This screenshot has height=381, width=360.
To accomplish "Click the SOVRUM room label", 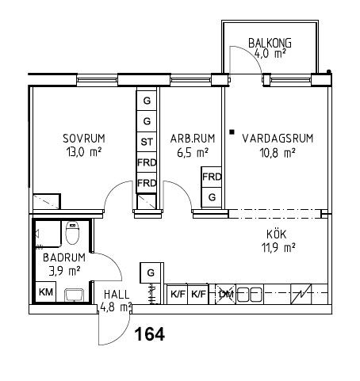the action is pyautogui.click(x=84, y=139).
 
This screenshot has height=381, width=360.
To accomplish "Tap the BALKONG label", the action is pyautogui.click(x=270, y=43).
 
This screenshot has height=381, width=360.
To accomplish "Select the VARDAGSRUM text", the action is pyautogui.click(x=278, y=139).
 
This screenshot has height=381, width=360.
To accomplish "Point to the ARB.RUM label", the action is pyautogui.click(x=193, y=139).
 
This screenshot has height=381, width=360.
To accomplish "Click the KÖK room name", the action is pyautogui.click(x=277, y=234).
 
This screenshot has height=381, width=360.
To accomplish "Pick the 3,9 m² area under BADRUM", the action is pyautogui.click(x=64, y=271).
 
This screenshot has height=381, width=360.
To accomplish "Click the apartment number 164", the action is pyautogui.click(x=150, y=334).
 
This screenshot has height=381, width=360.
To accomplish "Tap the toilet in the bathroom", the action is pyautogui.click(x=72, y=232).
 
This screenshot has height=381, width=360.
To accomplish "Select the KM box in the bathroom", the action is pyautogui.click(x=46, y=292).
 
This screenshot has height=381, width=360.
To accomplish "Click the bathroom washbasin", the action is pyautogui.click(x=75, y=295).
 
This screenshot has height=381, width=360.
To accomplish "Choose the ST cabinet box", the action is pyautogui.click(x=147, y=142).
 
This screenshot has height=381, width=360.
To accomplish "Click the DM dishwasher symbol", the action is pyautogui.click(x=225, y=294).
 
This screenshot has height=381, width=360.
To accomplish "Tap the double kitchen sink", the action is pyautogui.click(x=249, y=295).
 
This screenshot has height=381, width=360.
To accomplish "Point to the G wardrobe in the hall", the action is pyautogui.click(x=151, y=272).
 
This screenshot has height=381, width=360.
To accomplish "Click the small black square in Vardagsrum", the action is pyautogui.click(x=232, y=132).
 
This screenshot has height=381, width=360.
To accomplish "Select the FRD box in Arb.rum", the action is pyautogui.click(x=212, y=177).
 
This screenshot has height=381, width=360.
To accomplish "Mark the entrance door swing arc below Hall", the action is pyautogui.click(x=121, y=335).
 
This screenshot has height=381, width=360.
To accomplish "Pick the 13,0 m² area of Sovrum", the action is pyautogui.click(x=84, y=153).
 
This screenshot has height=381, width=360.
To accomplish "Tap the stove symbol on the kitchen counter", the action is pyautogui.click(x=301, y=294).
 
